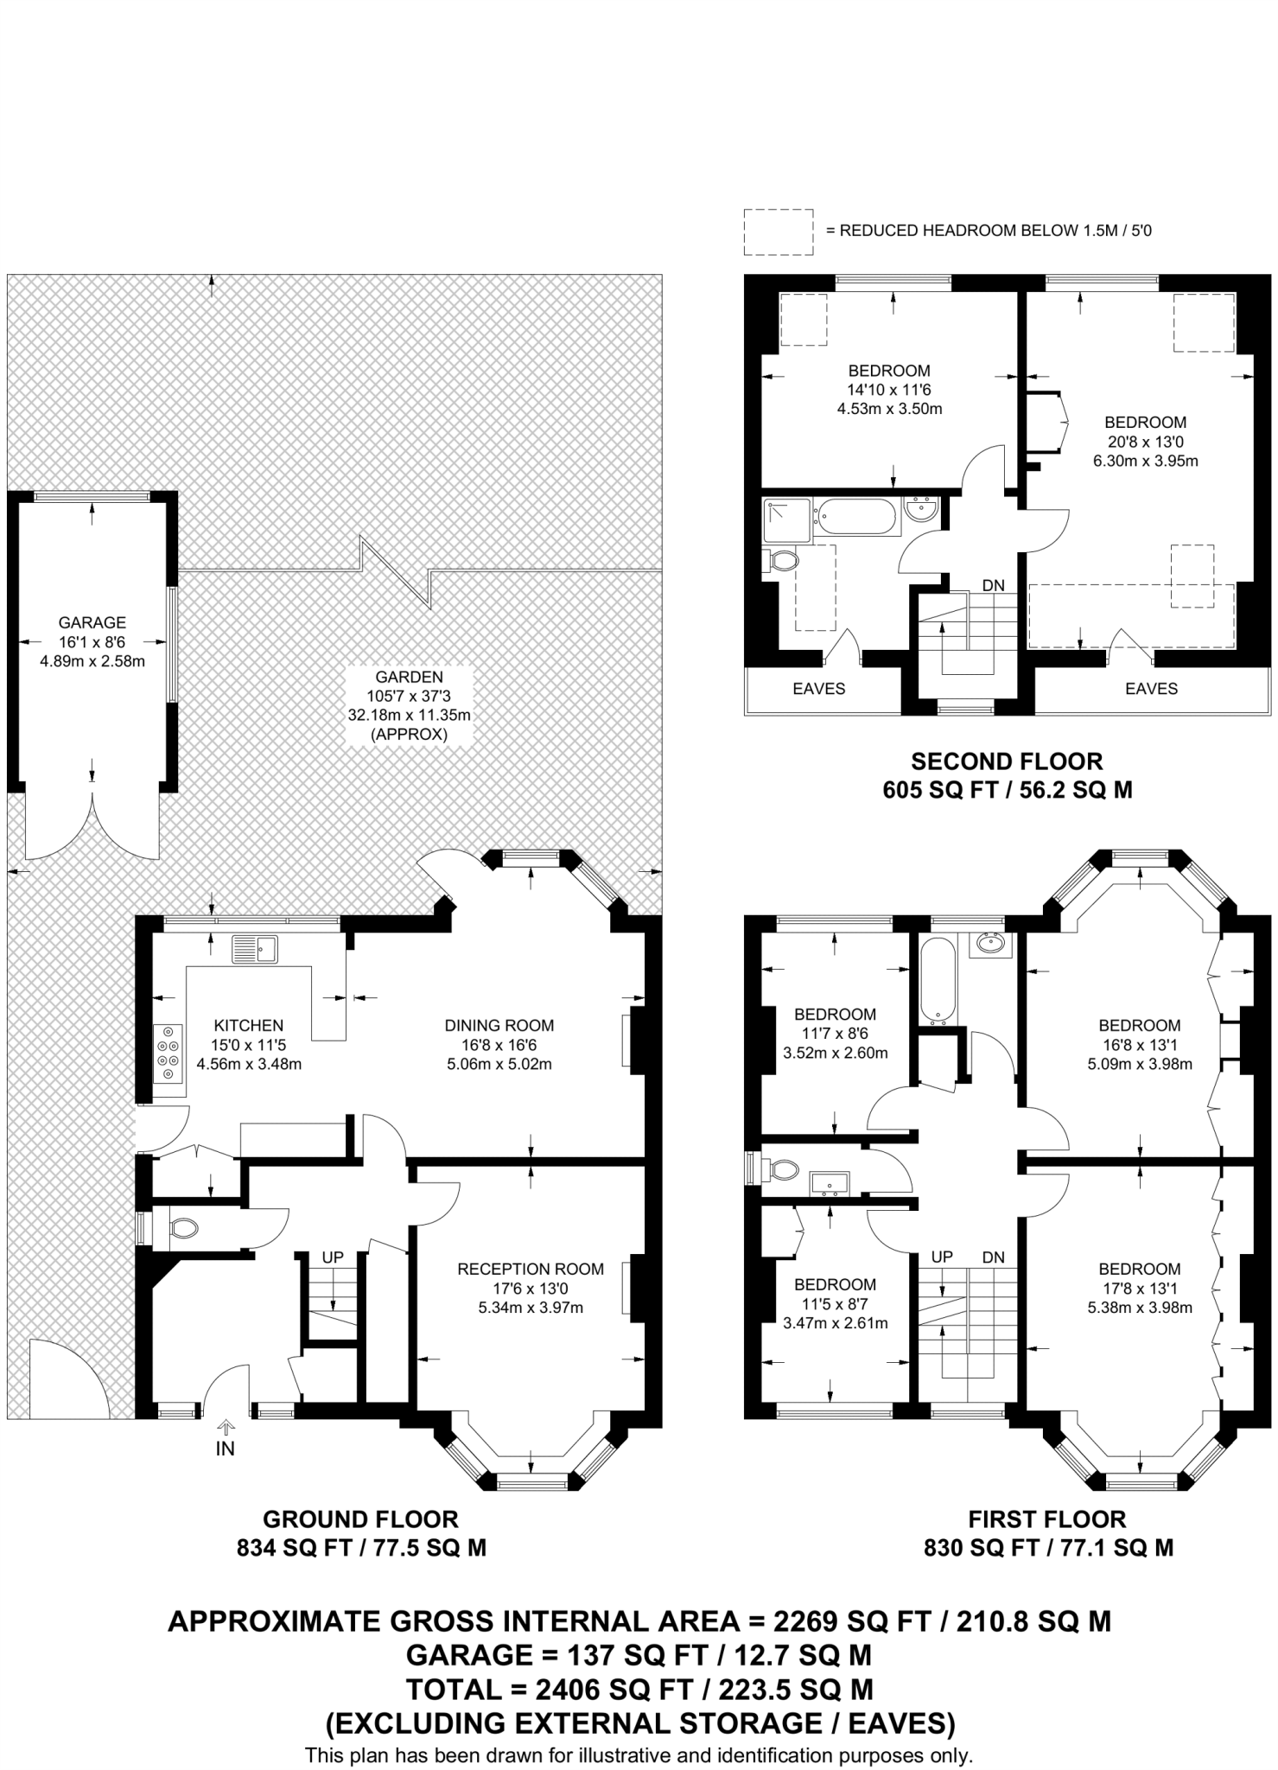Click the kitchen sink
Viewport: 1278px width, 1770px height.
tap(254, 949)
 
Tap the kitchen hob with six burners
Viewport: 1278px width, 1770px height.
tap(168, 1053)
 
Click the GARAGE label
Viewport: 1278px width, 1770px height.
tap(92, 622)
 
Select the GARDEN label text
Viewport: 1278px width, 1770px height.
tap(410, 678)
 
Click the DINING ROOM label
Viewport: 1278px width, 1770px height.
tap(499, 1025)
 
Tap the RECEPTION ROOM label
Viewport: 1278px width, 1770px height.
tap(531, 1269)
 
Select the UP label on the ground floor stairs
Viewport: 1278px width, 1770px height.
tap(333, 1257)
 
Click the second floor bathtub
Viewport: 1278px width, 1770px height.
tap(857, 517)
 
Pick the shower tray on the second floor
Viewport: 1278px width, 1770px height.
tap(787, 520)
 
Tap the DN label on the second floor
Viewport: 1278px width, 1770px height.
tap(994, 585)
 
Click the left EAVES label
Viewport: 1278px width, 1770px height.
tap(819, 688)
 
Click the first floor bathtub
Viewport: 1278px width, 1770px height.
tap(938, 981)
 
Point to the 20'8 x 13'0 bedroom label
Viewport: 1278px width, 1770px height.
tap(1146, 441)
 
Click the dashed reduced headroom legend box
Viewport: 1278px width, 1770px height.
tap(779, 232)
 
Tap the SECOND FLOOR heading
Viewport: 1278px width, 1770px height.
tap(1008, 761)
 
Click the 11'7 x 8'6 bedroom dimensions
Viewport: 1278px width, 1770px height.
tap(836, 1034)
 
